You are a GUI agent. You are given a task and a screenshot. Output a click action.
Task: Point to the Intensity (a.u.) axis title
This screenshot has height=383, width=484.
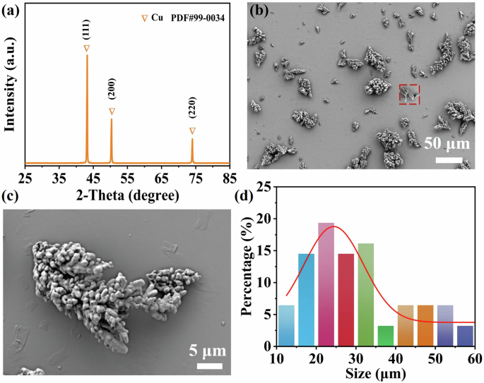tap(9, 87)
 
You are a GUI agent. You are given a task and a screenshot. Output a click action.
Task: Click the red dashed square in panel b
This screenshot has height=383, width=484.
tap(409, 95)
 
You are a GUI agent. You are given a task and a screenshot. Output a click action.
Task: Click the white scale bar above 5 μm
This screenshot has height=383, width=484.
tap(210, 366)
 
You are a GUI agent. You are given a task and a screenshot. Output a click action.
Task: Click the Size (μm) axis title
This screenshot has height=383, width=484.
tap(375, 372)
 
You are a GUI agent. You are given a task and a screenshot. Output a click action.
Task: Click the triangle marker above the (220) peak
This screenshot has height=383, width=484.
tap(192, 131)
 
